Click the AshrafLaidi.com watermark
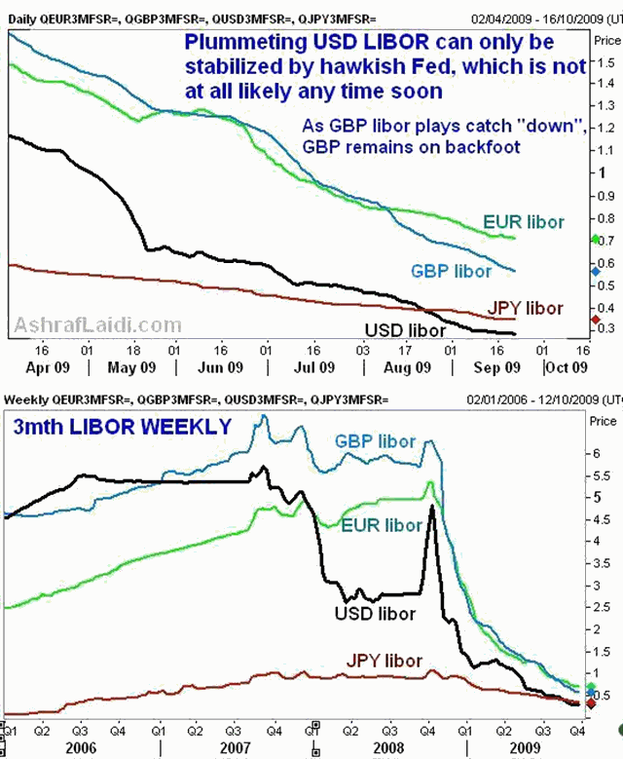coord(97,325)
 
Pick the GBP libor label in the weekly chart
coord(375,441)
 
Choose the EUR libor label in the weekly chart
coord(381,526)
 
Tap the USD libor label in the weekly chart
coord(374,613)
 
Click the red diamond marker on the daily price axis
coord(595,320)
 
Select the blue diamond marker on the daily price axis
coord(595,272)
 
